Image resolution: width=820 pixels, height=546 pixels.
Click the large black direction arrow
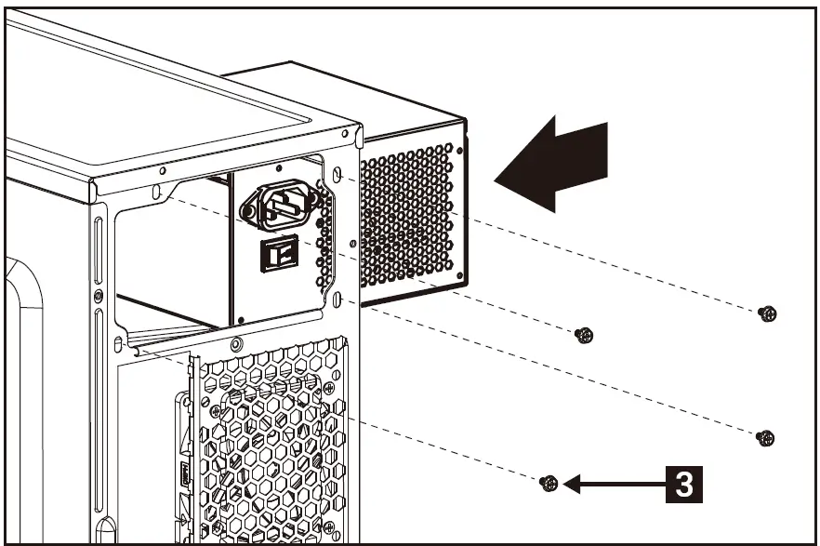(558, 163)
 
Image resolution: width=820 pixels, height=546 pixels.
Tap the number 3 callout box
(682, 484)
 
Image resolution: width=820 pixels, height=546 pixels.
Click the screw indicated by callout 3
(549, 484)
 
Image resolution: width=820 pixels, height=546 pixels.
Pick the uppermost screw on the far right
(767, 314)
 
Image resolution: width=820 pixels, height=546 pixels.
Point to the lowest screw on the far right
(765, 437)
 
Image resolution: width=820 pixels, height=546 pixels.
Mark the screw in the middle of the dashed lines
(583, 335)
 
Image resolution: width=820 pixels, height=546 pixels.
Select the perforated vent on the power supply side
(409, 219)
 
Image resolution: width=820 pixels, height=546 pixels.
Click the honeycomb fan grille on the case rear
(270, 437)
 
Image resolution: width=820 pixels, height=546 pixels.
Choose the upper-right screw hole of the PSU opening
(337, 175)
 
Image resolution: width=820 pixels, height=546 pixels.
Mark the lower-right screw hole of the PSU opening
(338, 300)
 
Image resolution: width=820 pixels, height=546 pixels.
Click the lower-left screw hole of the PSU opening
(119, 346)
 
